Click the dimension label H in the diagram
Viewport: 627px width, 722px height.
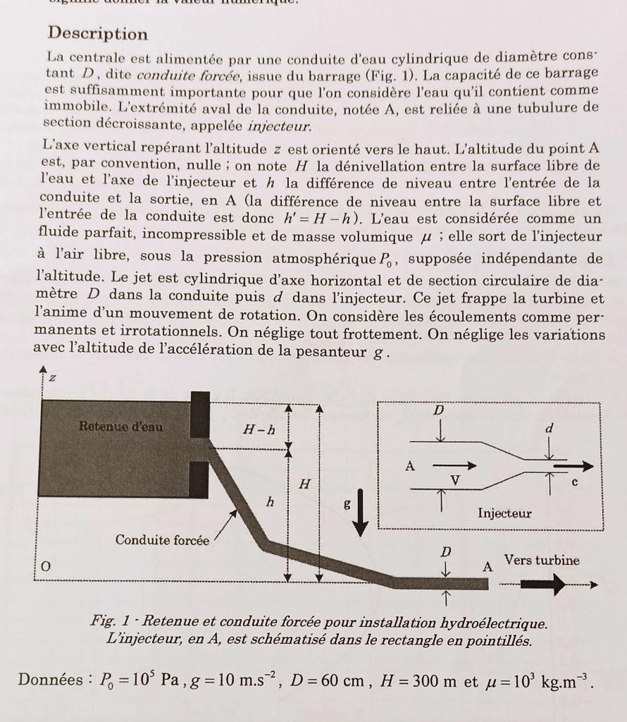304,484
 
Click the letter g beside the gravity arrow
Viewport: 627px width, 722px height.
347,505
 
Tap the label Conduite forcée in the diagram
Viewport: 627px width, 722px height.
162,540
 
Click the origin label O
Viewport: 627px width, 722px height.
46,566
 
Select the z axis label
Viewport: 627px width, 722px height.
51,379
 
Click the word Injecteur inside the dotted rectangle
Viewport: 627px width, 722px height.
504,513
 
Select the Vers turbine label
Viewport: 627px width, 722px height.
542,561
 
